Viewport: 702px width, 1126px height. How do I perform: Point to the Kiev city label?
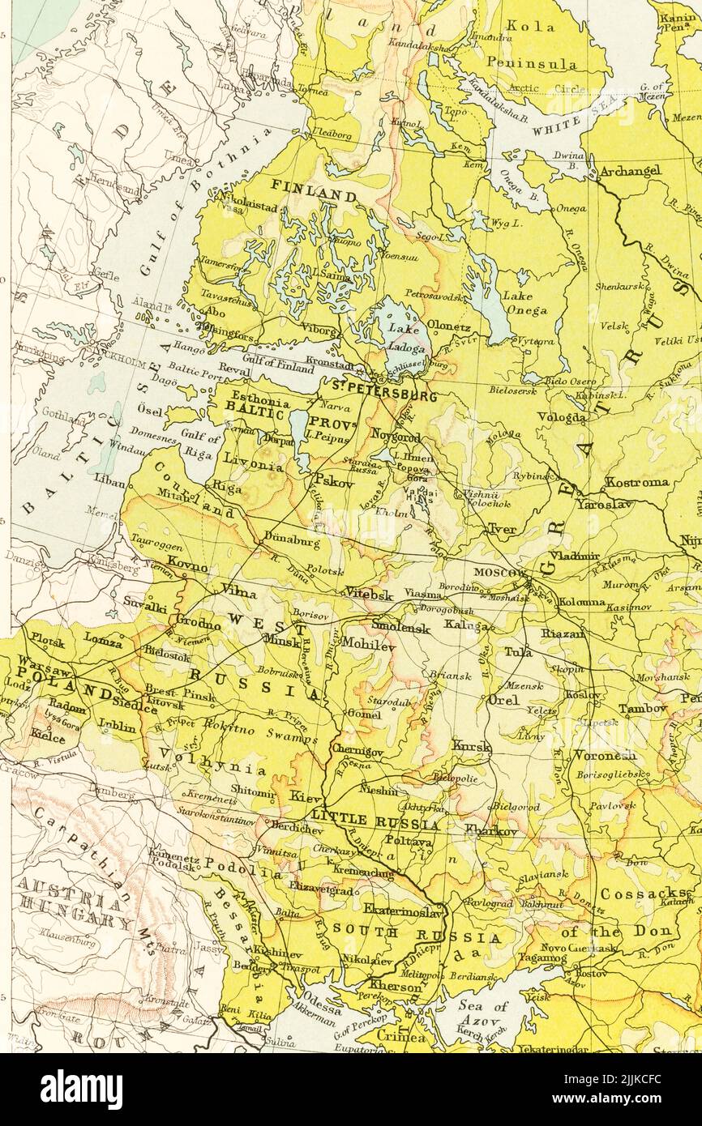306,797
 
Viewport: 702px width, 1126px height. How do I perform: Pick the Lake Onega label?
524,302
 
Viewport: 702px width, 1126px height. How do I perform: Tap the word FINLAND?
314,196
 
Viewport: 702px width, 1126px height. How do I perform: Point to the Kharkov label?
491,831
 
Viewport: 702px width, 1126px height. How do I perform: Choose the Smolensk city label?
399,626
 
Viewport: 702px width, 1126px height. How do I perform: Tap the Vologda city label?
562,417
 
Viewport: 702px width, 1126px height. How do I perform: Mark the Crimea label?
403,1037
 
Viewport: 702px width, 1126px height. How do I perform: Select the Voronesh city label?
605,755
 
